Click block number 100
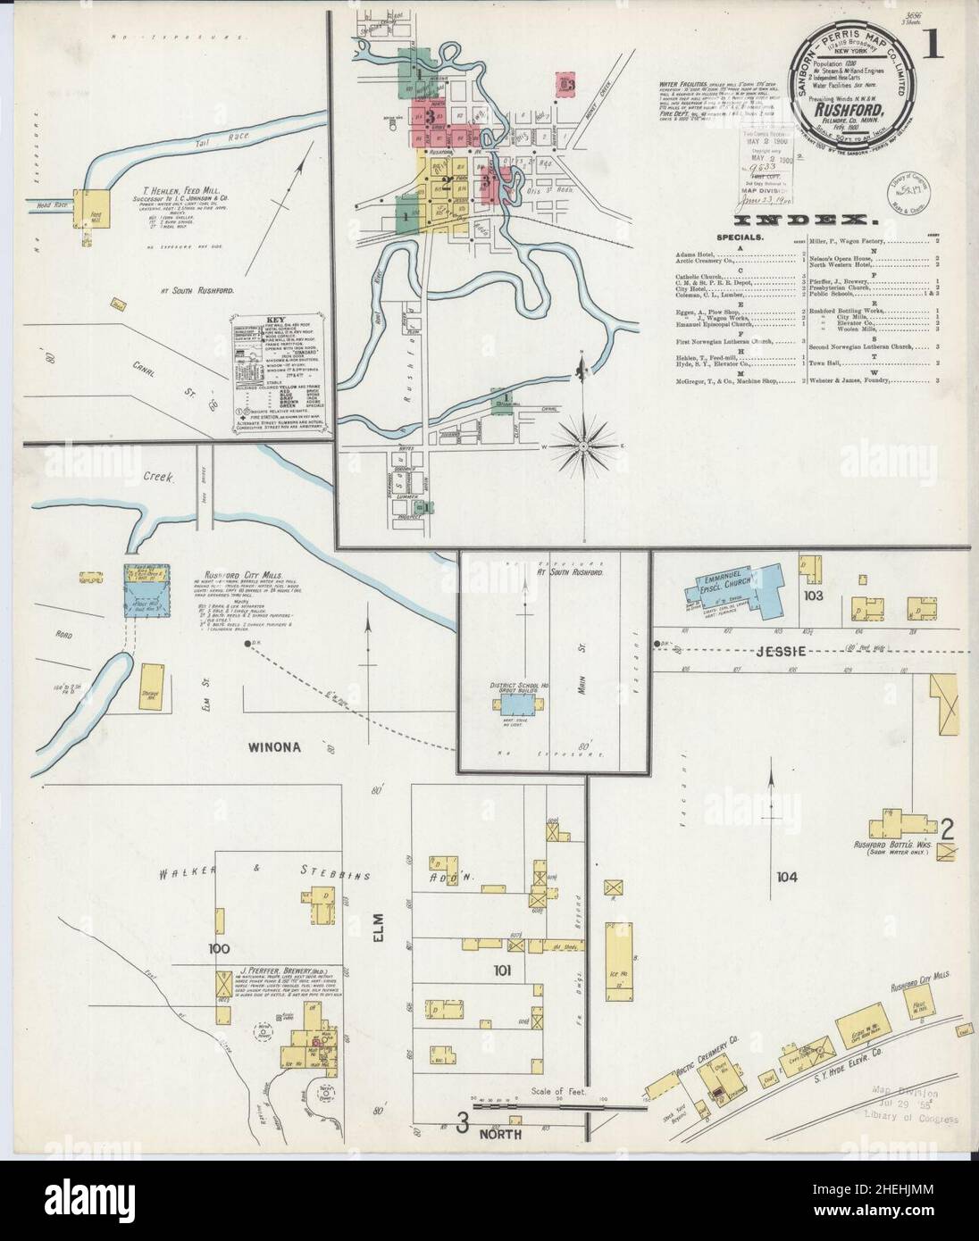[x=219, y=948]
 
